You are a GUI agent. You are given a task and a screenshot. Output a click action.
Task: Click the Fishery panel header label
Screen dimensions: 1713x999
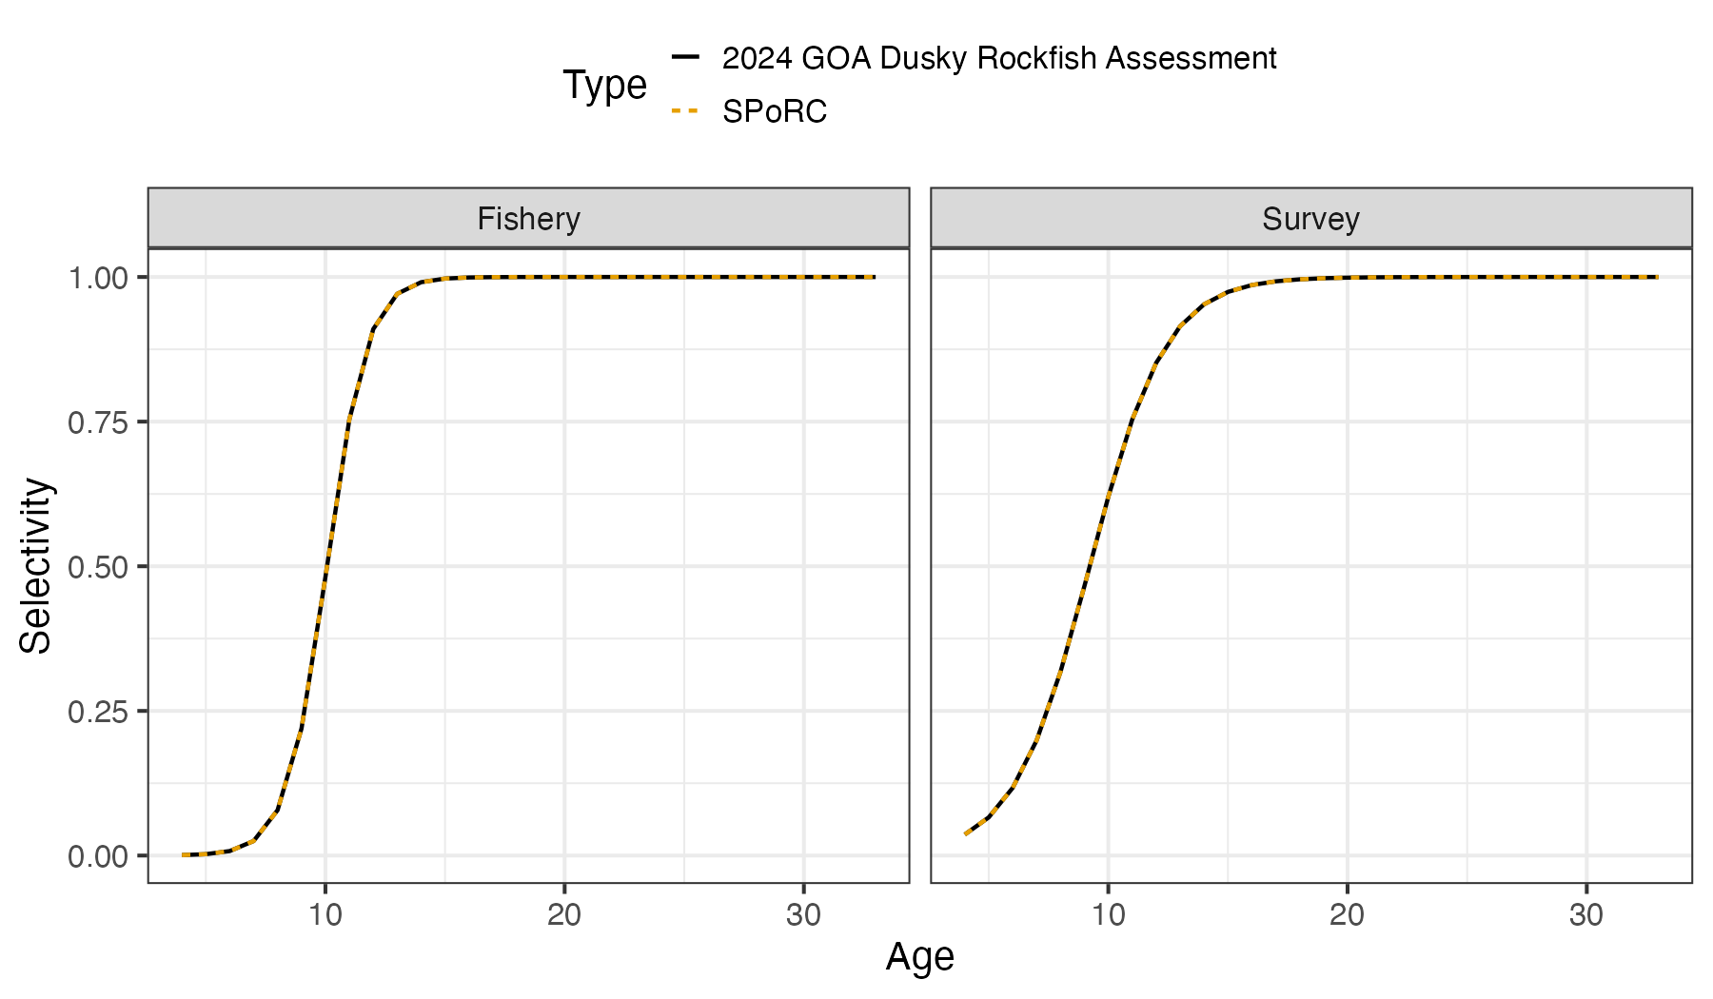[x=528, y=219]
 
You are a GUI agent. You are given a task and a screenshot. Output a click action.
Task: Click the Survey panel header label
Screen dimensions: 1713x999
[x=1310, y=219]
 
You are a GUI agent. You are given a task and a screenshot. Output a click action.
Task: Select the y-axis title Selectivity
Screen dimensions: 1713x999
[x=36, y=566]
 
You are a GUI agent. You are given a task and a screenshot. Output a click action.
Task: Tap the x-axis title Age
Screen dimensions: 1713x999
[x=919, y=956]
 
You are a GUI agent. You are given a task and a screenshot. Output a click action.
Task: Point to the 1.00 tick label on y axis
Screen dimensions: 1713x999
[x=97, y=278]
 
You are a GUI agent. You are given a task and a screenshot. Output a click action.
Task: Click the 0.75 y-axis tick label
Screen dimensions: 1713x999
[x=97, y=422]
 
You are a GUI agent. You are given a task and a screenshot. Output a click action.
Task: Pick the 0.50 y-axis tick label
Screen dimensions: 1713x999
[x=97, y=567]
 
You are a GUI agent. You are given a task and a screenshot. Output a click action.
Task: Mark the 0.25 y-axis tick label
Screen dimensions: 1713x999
[x=97, y=712]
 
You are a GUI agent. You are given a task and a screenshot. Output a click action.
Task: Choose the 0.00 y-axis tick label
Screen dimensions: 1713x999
[x=97, y=856]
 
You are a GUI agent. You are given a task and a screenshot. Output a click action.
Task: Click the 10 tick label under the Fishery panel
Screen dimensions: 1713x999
[x=325, y=915]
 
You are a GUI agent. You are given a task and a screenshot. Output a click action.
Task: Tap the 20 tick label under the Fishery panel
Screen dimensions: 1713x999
[x=564, y=915]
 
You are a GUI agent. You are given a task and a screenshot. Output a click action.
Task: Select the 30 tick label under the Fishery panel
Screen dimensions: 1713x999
[x=803, y=915]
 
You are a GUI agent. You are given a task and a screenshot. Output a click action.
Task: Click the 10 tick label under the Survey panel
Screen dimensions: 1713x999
[x=1108, y=915]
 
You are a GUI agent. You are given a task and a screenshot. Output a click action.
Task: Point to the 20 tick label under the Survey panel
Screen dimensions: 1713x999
[x=1347, y=915]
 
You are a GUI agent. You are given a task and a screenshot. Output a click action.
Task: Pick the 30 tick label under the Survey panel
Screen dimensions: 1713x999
[x=1585, y=915]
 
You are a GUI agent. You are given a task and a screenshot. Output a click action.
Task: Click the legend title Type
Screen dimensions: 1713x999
[x=604, y=86]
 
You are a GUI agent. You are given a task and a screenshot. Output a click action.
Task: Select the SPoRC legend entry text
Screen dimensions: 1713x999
[x=775, y=112]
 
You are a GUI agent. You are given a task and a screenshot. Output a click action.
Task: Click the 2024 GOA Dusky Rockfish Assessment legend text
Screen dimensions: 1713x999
[x=999, y=59]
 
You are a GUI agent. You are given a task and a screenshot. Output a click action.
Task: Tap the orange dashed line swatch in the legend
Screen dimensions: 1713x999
[x=685, y=111]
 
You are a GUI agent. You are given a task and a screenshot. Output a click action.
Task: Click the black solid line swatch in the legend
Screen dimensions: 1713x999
[x=685, y=57]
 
